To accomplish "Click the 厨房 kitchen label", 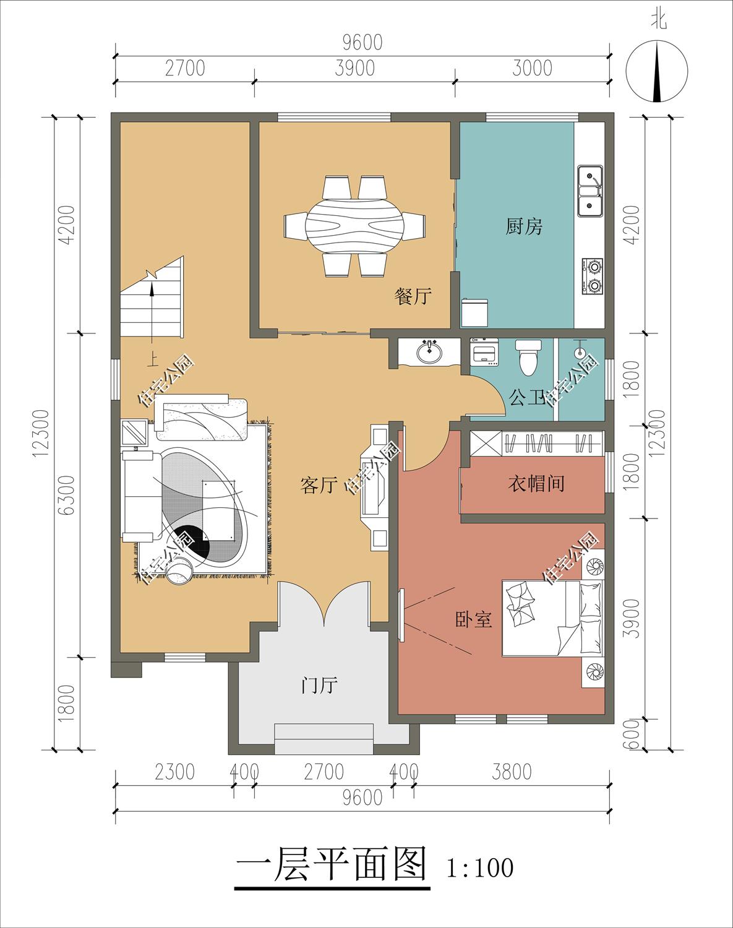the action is point(524,226).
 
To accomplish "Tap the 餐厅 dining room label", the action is point(413,296).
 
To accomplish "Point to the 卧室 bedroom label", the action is point(474,620).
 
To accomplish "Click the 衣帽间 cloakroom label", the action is point(536,483).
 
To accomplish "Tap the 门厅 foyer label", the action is point(319,685).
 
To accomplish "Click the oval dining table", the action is point(355,226).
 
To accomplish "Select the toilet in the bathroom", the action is point(528,356).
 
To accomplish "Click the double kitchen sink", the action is point(590,191).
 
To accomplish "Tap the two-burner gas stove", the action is point(593,276).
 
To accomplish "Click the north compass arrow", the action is point(657,72).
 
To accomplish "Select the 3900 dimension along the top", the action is point(355,68).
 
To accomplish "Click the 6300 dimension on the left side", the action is point(67,495).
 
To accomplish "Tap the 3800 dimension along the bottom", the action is point(512,772).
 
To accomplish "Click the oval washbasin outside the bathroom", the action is point(429,353).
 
